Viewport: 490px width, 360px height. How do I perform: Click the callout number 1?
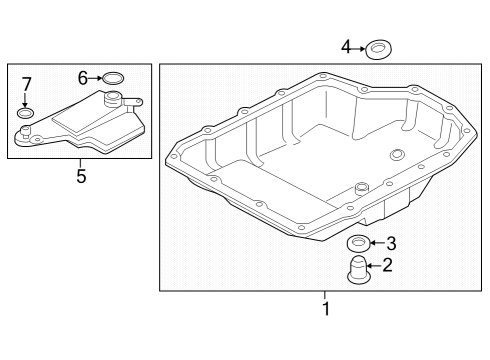tap(326, 308)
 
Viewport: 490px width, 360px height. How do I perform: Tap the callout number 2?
tap(387, 265)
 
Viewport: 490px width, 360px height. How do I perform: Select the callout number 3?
tap(391, 243)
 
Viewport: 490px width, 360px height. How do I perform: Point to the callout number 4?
tap(346, 47)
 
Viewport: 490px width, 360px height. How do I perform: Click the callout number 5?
tap(81, 176)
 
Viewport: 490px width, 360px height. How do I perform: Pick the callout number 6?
tap(83, 78)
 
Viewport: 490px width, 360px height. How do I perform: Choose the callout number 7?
tap(26, 84)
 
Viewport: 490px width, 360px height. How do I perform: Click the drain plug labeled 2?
tap(358, 271)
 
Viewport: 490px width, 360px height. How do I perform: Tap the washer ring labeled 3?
tap(359, 243)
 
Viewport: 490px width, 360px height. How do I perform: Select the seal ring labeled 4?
tap(378, 50)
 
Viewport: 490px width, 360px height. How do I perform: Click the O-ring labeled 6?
tap(113, 78)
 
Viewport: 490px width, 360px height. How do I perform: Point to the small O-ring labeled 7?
tap(25, 113)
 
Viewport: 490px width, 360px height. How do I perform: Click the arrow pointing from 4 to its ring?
tap(359, 49)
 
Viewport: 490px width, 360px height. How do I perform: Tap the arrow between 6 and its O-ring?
tap(95, 78)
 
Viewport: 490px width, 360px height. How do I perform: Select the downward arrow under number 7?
tap(25, 100)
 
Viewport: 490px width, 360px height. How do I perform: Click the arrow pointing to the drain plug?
tap(375, 266)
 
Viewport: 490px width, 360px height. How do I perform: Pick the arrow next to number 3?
tap(378, 243)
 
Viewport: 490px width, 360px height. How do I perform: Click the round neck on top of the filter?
tap(112, 99)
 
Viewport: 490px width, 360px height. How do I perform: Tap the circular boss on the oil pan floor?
tap(397, 154)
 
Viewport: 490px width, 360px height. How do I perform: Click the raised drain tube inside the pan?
tap(361, 189)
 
